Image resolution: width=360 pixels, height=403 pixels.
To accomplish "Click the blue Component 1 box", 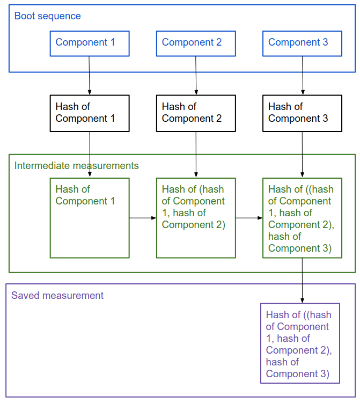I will (90, 43).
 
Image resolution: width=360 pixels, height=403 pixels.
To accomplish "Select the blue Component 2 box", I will (196, 43).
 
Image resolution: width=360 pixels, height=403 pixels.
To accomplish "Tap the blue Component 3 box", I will (302, 43).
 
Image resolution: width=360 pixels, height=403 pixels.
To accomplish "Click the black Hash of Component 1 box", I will (90, 113).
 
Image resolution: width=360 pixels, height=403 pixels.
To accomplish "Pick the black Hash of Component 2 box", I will (196, 113).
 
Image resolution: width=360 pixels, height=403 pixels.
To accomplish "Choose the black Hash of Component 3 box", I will (302, 113).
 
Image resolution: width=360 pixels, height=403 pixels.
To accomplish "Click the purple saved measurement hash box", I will (300, 343).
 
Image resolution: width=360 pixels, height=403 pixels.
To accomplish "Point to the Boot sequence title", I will (48, 16).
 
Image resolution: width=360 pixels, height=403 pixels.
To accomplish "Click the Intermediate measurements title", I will (76, 166).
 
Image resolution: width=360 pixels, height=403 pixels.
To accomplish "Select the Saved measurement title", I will (57, 296).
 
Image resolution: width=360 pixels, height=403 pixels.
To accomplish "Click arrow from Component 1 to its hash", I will (89, 76).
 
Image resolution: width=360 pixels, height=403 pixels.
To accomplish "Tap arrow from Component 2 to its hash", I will (196, 76).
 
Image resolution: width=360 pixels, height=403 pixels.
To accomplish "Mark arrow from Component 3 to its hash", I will (303, 76).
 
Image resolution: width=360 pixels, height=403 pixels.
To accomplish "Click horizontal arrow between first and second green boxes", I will (143, 218).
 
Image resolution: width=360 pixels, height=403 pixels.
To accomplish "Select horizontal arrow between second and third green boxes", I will (249, 218).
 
